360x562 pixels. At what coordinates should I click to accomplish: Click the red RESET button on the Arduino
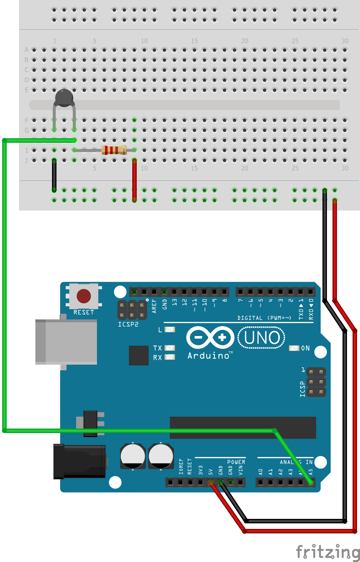(x=84, y=296)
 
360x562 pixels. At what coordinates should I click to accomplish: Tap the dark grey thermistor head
(x=64, y=98)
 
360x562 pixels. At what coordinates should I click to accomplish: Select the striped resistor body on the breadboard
(x=114, y=150)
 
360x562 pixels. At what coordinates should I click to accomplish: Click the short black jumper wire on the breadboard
(x=54, y=175)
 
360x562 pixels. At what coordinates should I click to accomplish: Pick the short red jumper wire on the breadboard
(x=134, y=180)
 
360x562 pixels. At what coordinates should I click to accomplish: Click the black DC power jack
(x=80, y=461)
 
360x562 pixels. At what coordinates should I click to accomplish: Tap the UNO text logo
(x=262, y=338)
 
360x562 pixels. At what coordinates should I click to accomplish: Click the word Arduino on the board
(x=208, y=356)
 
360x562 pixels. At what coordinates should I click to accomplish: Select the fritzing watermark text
(x=328, y=551)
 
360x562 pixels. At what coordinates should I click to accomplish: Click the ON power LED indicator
(x=294, y=348)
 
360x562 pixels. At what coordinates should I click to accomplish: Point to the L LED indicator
(x=170, y=330)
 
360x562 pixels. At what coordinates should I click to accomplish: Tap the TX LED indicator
(x=170, y=348)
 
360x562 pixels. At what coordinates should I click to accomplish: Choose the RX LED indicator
(x=170, y=357)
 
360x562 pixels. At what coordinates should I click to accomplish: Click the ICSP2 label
(x=128, y=324)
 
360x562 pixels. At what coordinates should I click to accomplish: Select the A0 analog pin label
(x=260, y=472)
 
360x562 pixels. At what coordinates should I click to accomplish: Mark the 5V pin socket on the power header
(x=210, y=482)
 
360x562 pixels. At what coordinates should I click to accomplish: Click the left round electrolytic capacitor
(x=133, y=456)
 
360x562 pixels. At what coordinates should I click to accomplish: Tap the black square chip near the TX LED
(x=139, y=355)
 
